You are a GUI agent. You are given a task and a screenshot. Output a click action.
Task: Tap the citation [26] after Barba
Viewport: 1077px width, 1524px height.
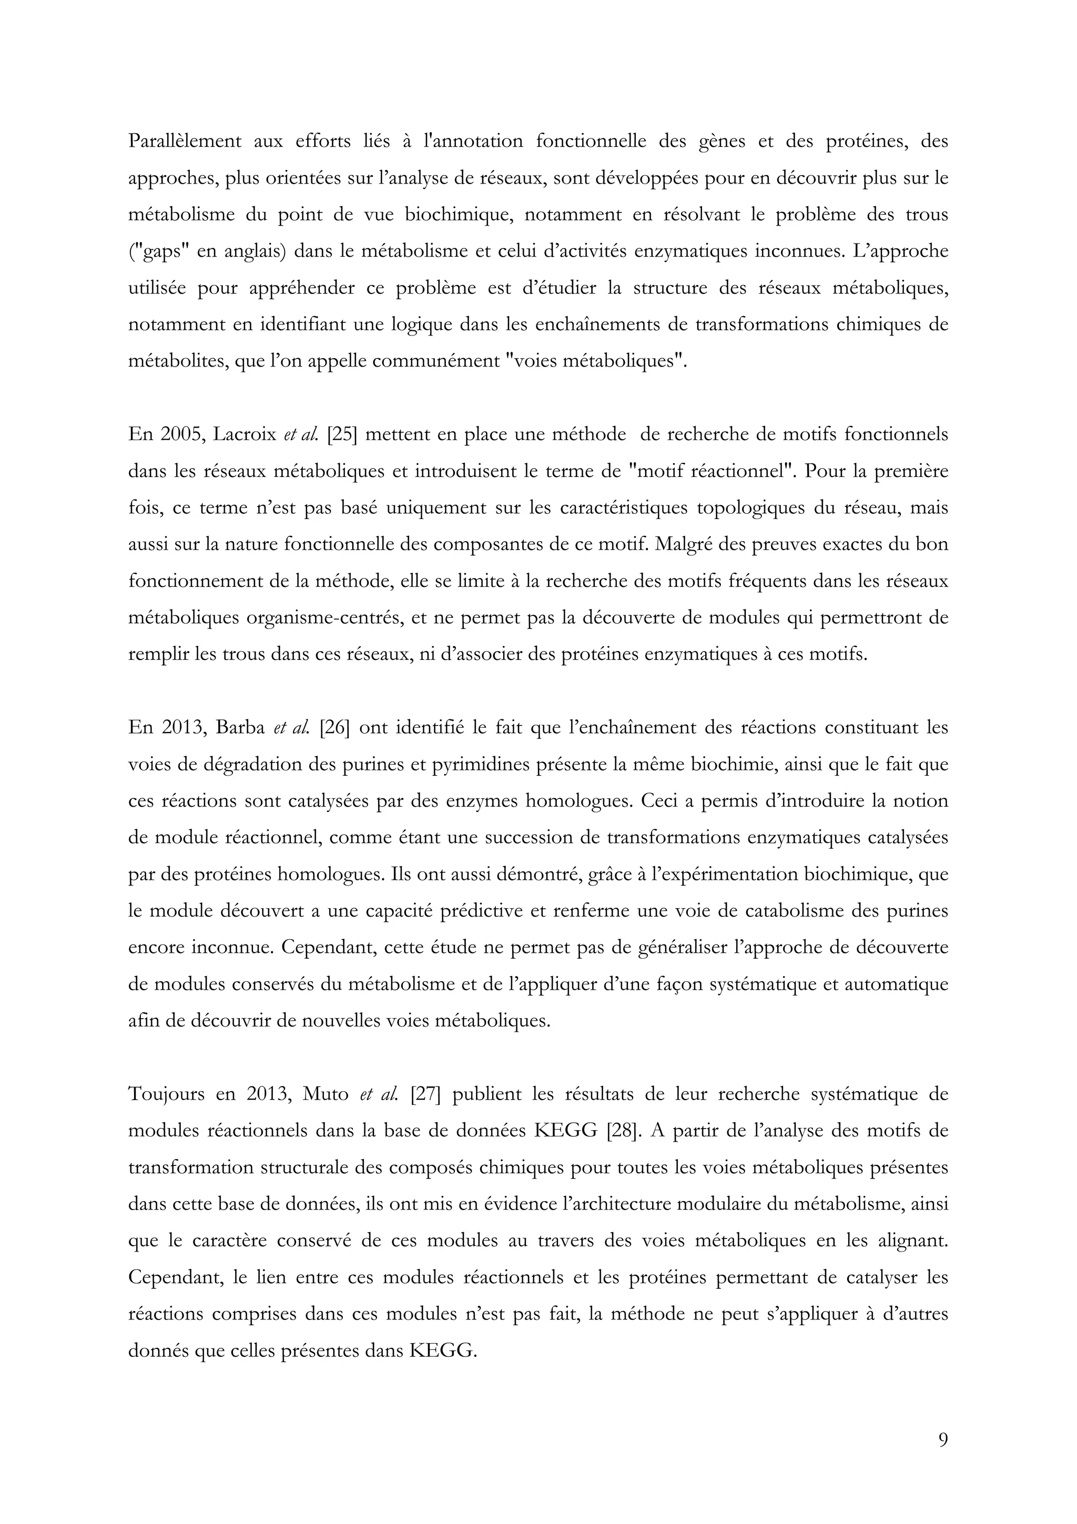coord(339,727)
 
